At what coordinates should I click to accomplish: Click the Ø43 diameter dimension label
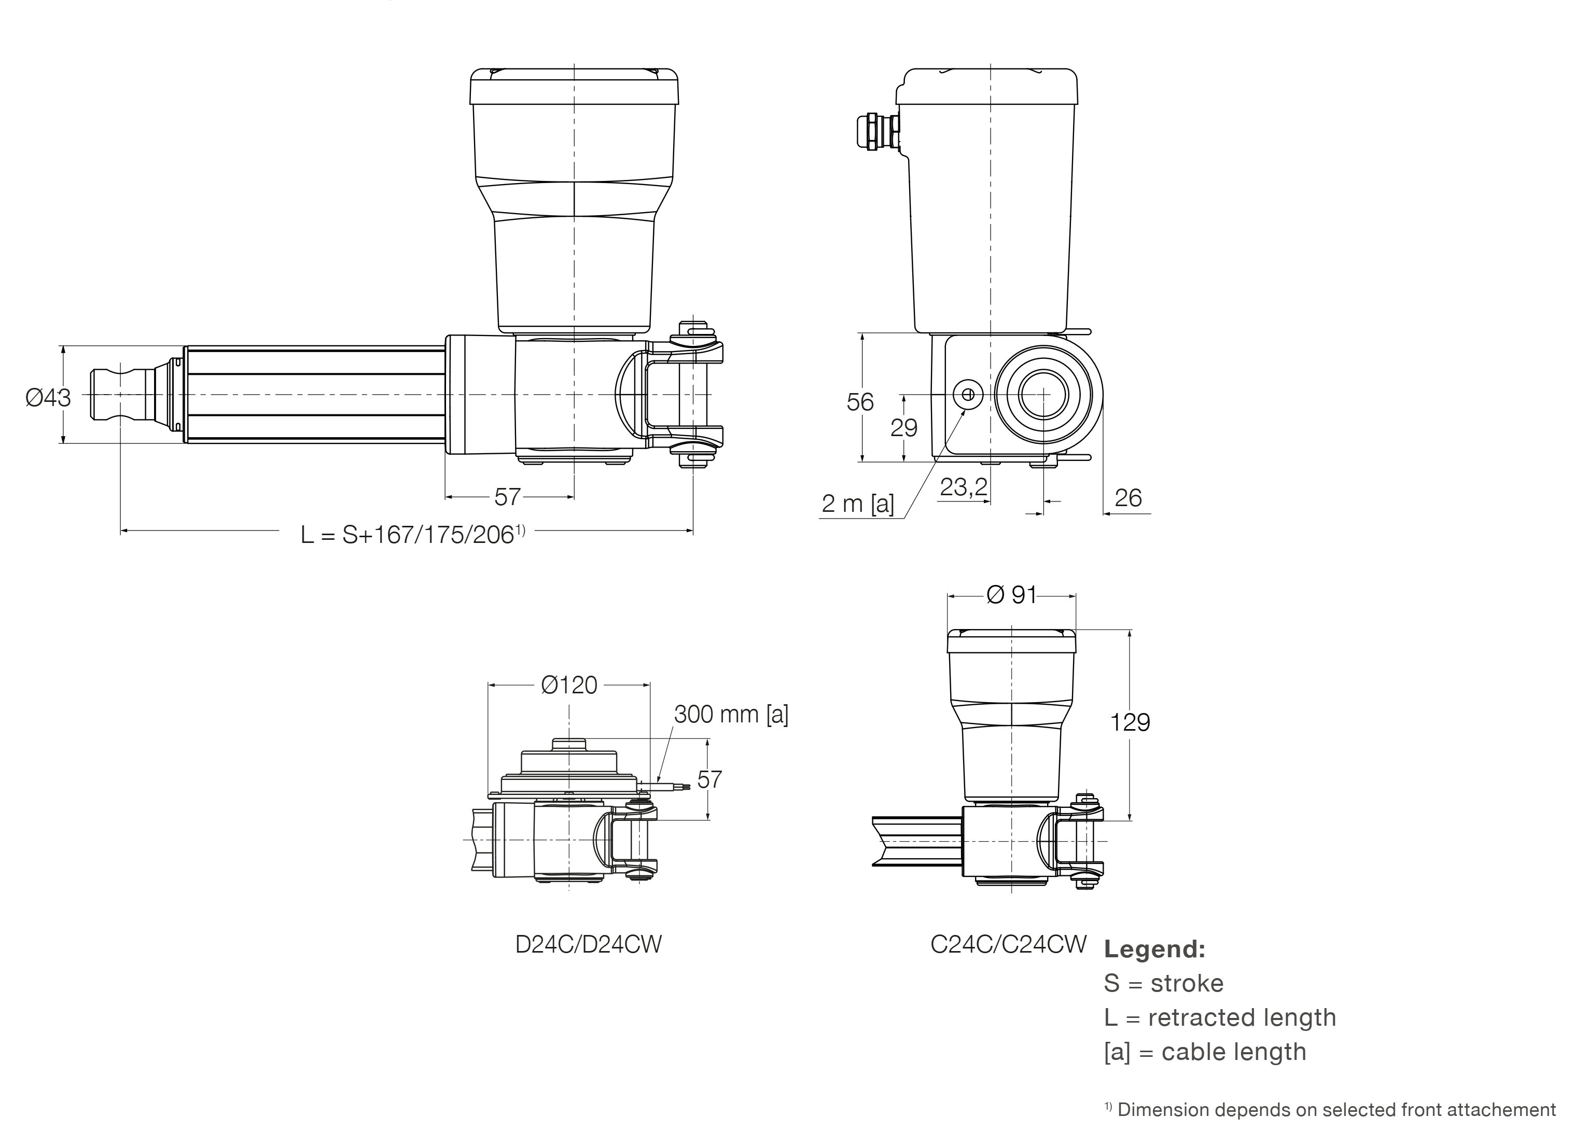[48, 397]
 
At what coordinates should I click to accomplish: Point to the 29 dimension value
[903, 427]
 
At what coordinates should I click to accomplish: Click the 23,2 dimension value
[963, 487]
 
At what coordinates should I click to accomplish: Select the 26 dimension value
[1128, 498]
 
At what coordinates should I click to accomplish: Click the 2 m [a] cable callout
[857, 503]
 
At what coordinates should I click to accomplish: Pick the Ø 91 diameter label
[1011, 594]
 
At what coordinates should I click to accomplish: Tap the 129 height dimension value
[1130, 722]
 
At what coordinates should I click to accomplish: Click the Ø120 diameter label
[569, 685]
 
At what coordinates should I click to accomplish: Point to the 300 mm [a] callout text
[731, 714]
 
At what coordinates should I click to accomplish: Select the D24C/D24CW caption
[588, 944]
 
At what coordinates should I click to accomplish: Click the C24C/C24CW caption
[1008, 944]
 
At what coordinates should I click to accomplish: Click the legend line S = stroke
[1163, 983]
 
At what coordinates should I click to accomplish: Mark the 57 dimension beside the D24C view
[709, 780]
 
